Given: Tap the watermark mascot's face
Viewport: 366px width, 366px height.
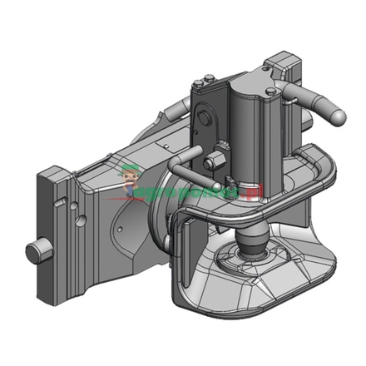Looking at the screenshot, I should [x=130, y=177].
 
